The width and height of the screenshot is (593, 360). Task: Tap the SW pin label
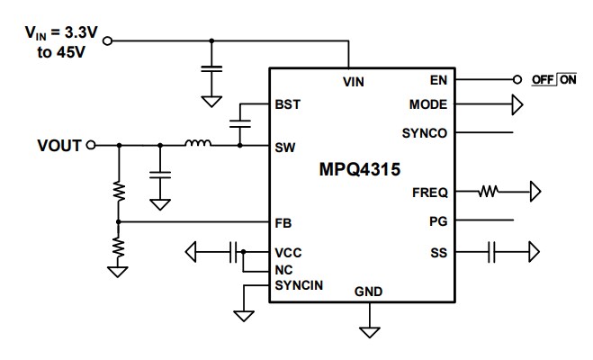click(x=287, y=145)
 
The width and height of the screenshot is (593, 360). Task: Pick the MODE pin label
click(x=429, y=105)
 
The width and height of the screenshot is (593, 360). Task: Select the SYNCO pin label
click(x=426, y=133)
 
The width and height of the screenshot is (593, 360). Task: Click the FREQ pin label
click(x=430, y=192)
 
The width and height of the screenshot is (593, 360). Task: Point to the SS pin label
click(x=439, y=253)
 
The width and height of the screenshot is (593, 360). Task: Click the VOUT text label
click(x=59, y=145)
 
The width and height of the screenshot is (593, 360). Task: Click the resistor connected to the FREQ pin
click(x=490, y=192)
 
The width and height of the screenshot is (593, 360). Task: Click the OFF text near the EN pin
click(x=543, y=80)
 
